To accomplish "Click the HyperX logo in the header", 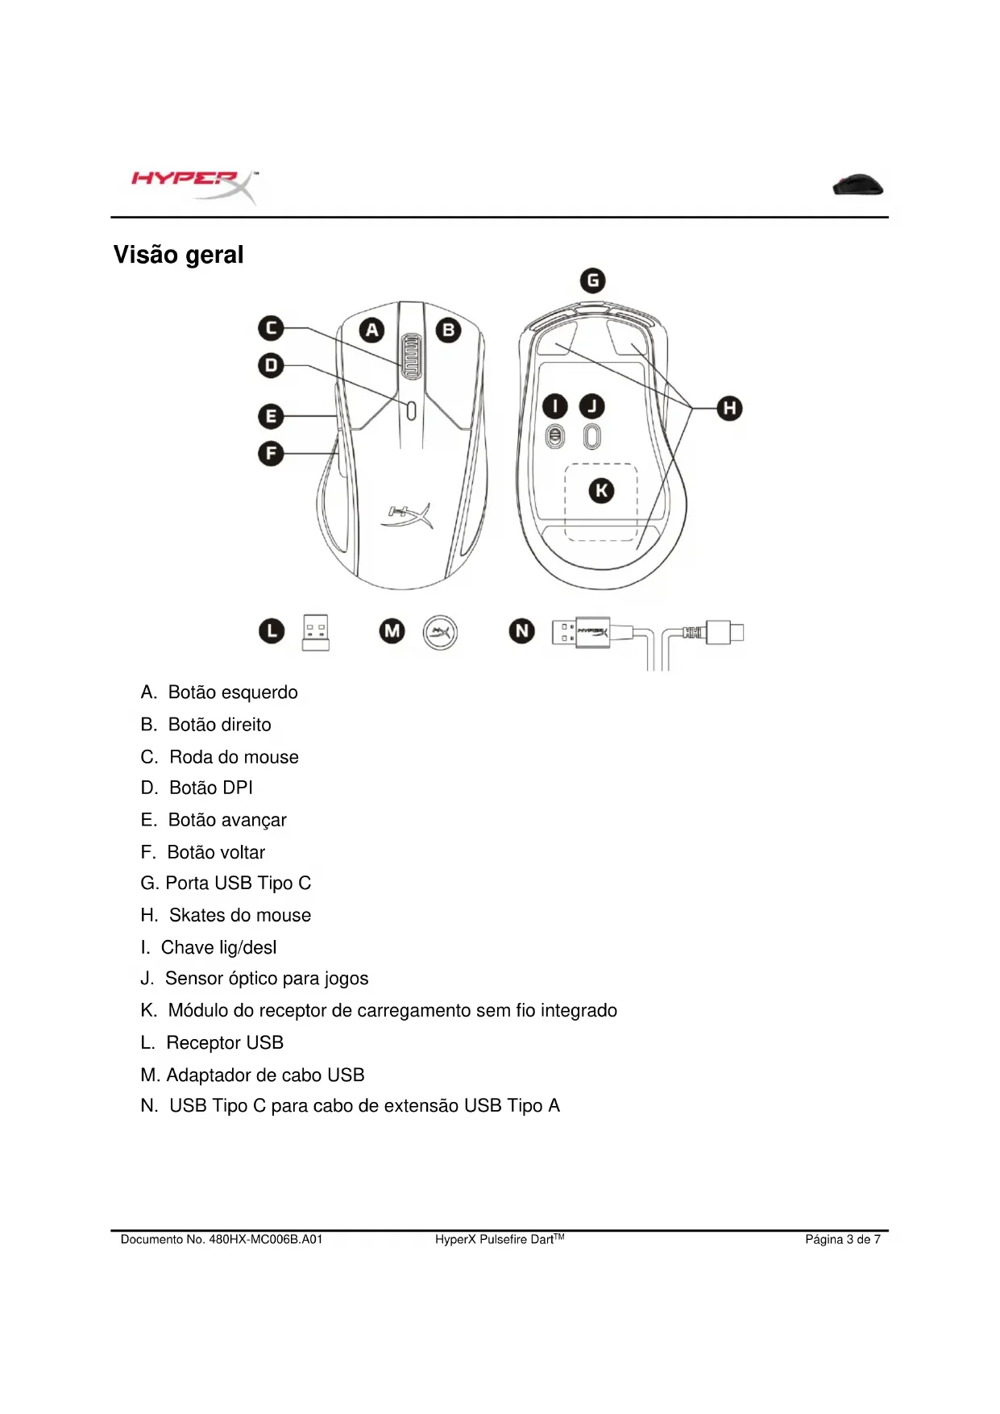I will click(194, 186).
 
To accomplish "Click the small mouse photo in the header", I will click(858, 185).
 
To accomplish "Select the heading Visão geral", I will click(178, 255).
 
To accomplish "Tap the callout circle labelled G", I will click(593, 281).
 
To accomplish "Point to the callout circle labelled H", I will click(729, 408).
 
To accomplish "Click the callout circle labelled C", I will click(271, 328).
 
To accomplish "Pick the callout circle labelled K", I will click(601, 490).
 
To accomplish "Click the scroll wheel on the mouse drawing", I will click(411, 356).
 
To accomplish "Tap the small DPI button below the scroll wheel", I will click(411, 410).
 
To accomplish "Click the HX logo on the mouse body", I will click(408, 515).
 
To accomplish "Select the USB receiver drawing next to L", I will click(316, 632).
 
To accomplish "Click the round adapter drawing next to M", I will click(440, 632).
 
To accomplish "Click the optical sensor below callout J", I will click(592, 437).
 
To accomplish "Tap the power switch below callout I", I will click(555, 437).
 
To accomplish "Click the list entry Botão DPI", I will click(210, 788).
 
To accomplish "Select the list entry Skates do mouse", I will click(239, 915).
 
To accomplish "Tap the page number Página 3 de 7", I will click(842, 1239).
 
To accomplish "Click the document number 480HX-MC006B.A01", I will click(265, 1239).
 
